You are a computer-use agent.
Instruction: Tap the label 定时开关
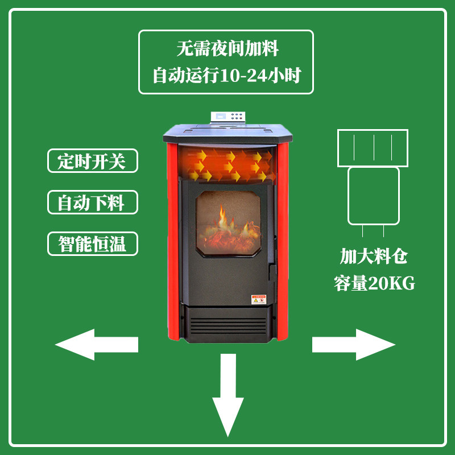(x=92, y=162)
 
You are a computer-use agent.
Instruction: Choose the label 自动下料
(x=92, y=202)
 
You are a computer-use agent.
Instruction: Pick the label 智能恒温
(x=92, y=243)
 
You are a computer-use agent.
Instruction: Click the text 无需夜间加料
(x=227, y=49)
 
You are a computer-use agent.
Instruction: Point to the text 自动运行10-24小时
(x=226, y=75)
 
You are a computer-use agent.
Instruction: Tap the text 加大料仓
(x=374, y=257)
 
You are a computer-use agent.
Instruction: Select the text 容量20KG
(x=374, y=283)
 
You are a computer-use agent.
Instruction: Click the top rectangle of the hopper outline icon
(x=373, y=147)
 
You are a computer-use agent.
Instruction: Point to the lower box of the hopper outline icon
(x=373, y=196)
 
